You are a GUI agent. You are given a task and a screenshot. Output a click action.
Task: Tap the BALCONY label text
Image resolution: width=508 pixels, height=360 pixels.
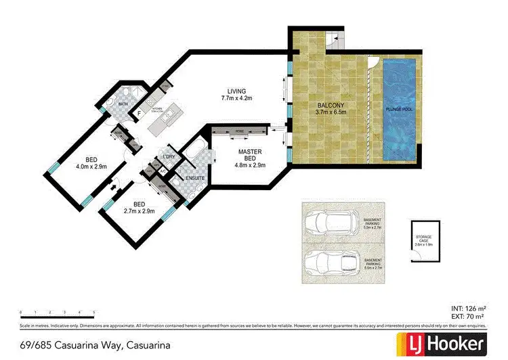332,106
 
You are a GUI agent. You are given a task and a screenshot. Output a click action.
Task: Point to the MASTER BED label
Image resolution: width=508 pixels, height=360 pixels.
249,156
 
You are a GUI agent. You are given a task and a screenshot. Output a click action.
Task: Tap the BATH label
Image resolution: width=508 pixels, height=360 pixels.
123,104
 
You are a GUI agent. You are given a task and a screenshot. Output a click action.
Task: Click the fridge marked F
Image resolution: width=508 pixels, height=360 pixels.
140,114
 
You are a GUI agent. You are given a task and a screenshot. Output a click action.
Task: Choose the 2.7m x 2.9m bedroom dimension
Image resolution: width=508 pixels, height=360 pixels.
139,210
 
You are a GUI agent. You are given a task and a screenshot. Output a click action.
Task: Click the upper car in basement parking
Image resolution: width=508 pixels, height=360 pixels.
333,223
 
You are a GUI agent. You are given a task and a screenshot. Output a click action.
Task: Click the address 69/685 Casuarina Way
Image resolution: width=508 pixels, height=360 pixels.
95,344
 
